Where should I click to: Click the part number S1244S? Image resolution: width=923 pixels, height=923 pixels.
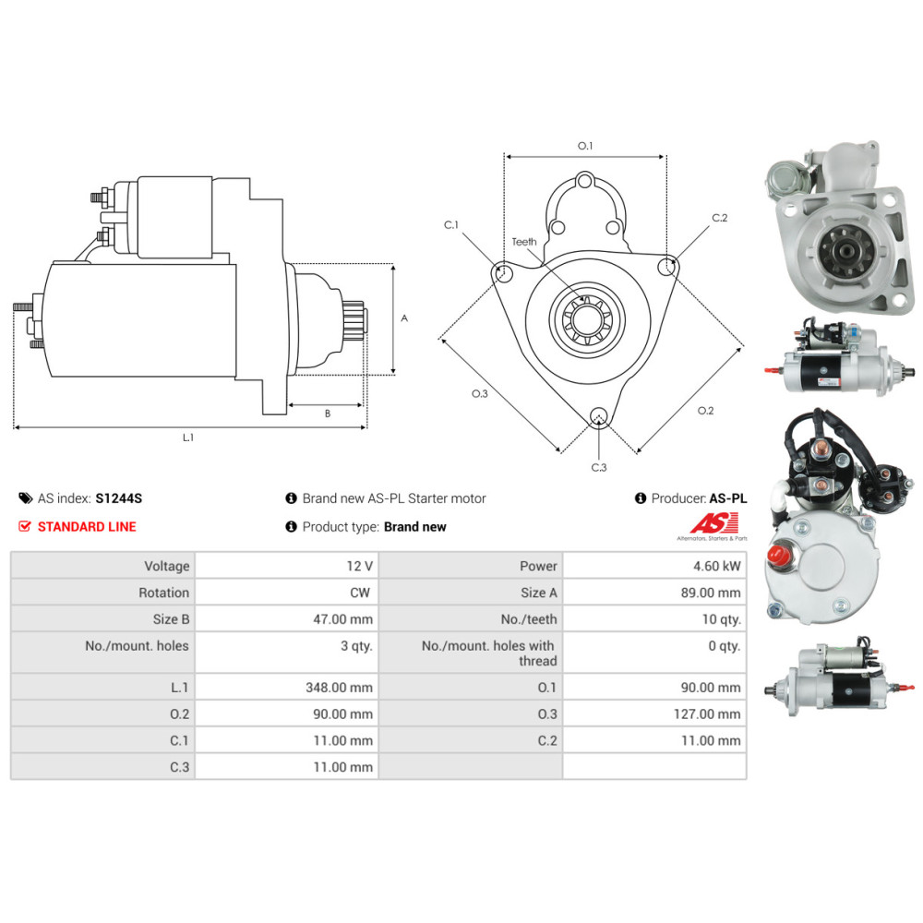(119, 498)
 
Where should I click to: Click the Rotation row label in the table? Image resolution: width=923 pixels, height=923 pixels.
(163, 593)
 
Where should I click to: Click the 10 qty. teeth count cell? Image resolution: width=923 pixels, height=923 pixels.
(720, 619)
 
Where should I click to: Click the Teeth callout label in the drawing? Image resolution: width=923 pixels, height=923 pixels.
(524, 242)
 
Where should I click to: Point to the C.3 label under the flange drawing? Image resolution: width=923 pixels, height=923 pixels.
(599, 467)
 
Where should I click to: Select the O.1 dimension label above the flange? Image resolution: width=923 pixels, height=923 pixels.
(584, 146)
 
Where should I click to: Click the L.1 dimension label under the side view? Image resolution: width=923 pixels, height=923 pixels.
(188, 438)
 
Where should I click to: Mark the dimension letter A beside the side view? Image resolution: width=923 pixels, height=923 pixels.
(404, 318)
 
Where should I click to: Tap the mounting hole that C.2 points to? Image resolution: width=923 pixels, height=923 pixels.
(667, 267)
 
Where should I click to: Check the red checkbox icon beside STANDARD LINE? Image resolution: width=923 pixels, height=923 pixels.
(25, 526)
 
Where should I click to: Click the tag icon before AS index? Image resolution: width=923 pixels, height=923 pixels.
(25, 498)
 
